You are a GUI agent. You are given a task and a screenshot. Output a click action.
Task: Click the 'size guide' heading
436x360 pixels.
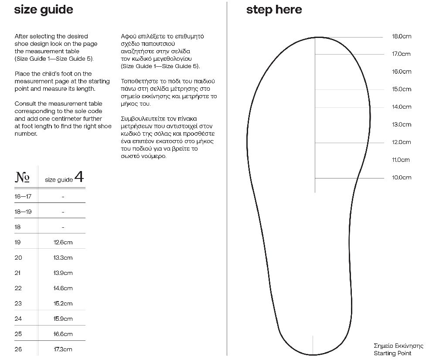click(44, 10)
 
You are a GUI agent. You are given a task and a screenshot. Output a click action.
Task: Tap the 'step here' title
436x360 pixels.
click(274, 10)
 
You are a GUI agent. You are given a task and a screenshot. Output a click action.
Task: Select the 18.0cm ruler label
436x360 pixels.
click(401, 36)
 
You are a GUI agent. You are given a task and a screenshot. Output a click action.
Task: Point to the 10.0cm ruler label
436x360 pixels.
click(401, 178)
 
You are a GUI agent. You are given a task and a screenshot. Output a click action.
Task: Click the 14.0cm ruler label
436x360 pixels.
click(401, 107)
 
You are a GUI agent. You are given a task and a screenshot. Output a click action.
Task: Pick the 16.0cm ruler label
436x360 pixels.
click(401, 72)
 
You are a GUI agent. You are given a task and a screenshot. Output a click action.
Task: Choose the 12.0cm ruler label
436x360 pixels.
click(401, 142)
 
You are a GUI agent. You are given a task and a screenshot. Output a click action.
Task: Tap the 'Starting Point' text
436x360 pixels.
click(392, 353)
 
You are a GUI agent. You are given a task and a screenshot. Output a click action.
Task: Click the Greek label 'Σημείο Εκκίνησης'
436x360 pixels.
click(399, 346)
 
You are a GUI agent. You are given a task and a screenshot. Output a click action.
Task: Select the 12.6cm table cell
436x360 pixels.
click(63, 242)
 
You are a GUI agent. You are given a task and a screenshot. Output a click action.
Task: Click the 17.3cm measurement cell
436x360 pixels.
click(63, 349)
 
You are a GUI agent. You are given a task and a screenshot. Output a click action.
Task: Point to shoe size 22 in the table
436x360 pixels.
click(18, 288)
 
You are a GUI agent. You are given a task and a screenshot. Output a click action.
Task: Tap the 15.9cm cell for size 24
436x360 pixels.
click(63, 319)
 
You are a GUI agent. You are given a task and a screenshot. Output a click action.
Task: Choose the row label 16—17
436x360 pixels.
click(23, 196)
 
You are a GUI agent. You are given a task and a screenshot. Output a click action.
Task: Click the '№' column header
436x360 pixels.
click(22, 177)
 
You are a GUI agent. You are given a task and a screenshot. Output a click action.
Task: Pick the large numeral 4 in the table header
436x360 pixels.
click(79, 177)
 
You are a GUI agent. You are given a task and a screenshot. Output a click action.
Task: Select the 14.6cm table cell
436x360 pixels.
click(63, 288)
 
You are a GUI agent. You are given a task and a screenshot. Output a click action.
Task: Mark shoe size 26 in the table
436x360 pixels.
click(18, 349)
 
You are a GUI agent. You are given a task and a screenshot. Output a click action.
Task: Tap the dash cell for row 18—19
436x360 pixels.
click(63, 212)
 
